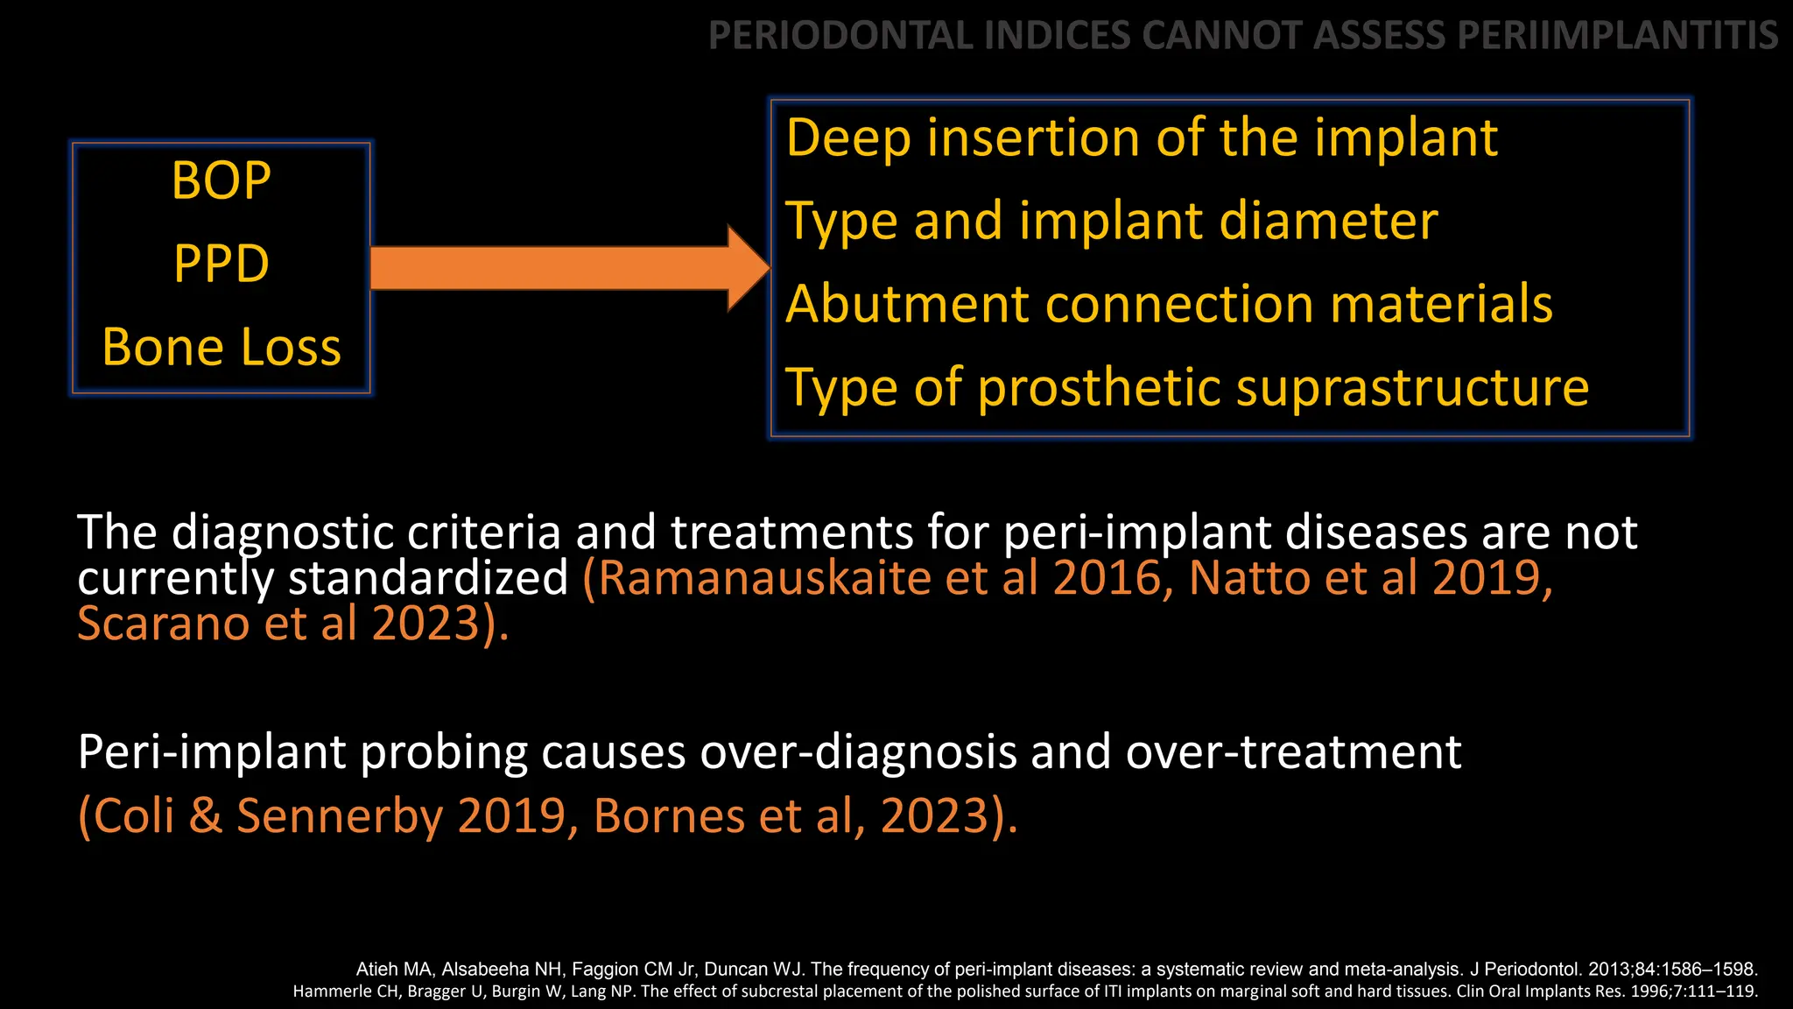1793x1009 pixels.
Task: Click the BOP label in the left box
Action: [221, 181]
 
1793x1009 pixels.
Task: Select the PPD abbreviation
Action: [221, 264]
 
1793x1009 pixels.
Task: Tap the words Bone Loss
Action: [221, 347]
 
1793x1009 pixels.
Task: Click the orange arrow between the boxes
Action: [560, 268]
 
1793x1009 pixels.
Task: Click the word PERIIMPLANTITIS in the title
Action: [1618, 36]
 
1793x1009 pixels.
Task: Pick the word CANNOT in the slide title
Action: [1222, 36]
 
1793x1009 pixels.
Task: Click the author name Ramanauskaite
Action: [763, 578]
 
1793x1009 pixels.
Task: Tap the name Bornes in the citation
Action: [667, 816]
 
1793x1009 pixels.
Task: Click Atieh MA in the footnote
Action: [393, 970]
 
